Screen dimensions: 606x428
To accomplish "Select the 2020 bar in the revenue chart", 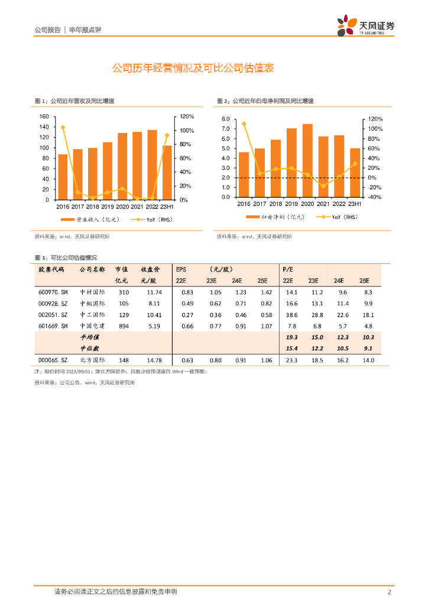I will coord(122,166).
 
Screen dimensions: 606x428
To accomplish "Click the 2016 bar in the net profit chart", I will coord(244,175).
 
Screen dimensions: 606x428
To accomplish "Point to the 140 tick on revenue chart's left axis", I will coord(44,127).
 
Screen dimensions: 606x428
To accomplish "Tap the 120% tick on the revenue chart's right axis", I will coord(187,117).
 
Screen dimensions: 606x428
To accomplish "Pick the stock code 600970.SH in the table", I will coord(53,292).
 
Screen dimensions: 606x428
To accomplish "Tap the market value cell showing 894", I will coord(123,326).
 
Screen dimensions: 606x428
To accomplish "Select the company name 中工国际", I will coord(92,315).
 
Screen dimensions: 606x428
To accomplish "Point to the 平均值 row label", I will coord(90,337).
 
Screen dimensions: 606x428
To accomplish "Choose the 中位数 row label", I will coord(90,348).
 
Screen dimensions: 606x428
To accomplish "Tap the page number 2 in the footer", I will coord(388,592).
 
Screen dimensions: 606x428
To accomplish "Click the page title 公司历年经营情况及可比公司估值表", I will coord(193,69).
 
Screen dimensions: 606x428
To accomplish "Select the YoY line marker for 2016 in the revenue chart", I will coord(63,127).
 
